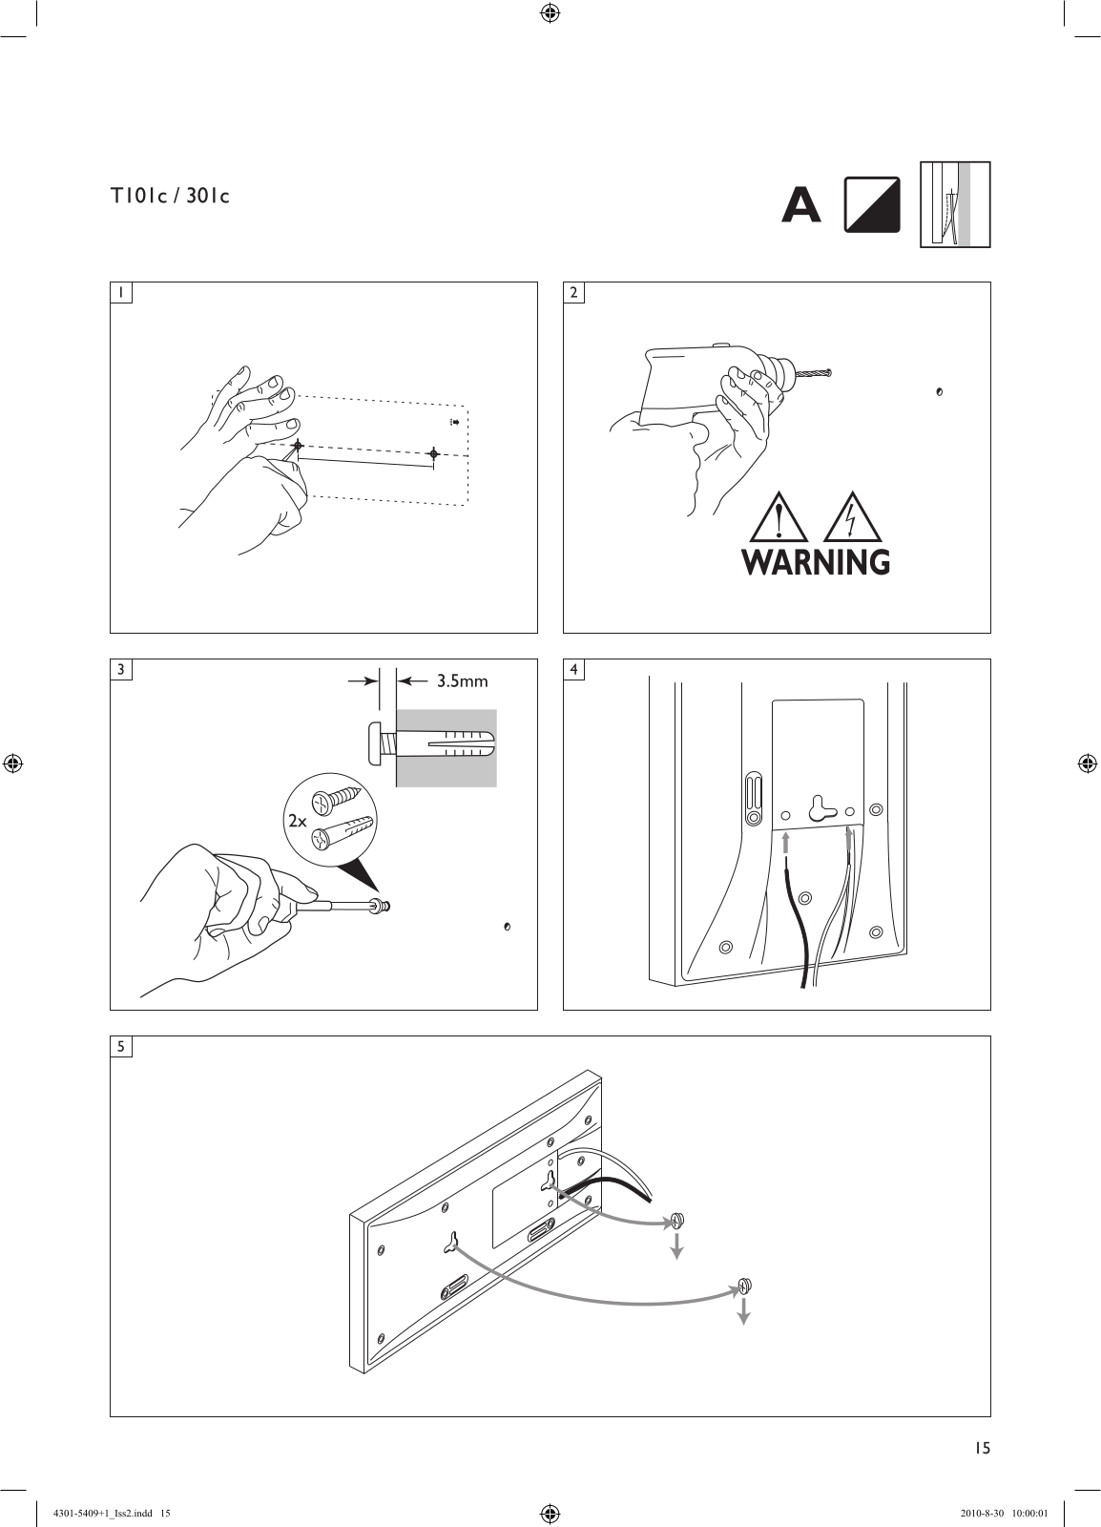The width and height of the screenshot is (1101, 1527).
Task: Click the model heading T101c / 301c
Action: tap(171, 197)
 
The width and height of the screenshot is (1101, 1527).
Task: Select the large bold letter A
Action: tap(800, 204)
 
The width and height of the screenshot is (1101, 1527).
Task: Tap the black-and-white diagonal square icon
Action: tap(872, 204)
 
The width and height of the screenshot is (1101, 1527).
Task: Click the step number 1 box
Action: tap(121, 292)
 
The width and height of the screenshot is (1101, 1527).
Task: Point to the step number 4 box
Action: tap(573, 669)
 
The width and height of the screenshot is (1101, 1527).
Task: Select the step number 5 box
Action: tap(121, 1046)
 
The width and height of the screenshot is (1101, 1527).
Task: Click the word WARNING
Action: tap(816, 562)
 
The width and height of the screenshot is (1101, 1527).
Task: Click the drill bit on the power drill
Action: tap(814, 373)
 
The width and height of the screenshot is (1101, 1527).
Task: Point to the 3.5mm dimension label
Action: tap(463, 681)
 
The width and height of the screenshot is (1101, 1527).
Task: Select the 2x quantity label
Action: tap(297, 821)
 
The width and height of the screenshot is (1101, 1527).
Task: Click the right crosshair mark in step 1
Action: tap(434, 453)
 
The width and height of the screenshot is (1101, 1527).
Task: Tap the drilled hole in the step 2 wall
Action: tap(940, 392)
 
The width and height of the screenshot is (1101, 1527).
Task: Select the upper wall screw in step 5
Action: tap(676, 1221)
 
